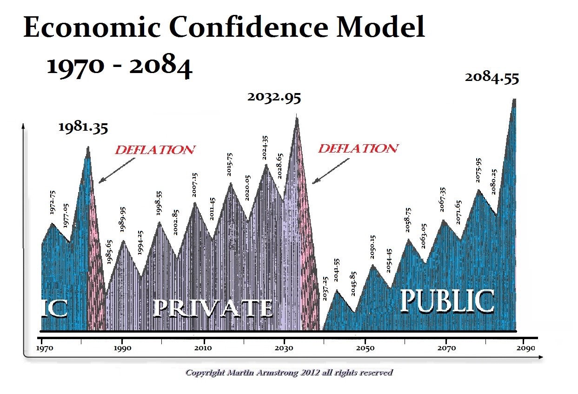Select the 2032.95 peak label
pos(274,97)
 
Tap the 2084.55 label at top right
pos(492,78)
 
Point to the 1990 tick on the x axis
pos(122,347)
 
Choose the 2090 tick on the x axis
pos(526,347)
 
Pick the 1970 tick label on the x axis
pos(42,347)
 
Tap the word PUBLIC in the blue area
pos(446,301)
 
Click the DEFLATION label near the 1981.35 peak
pos(155,150)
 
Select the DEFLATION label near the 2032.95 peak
pos(358,148)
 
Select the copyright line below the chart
pos(289,373)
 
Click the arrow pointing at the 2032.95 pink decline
pos(331,171)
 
